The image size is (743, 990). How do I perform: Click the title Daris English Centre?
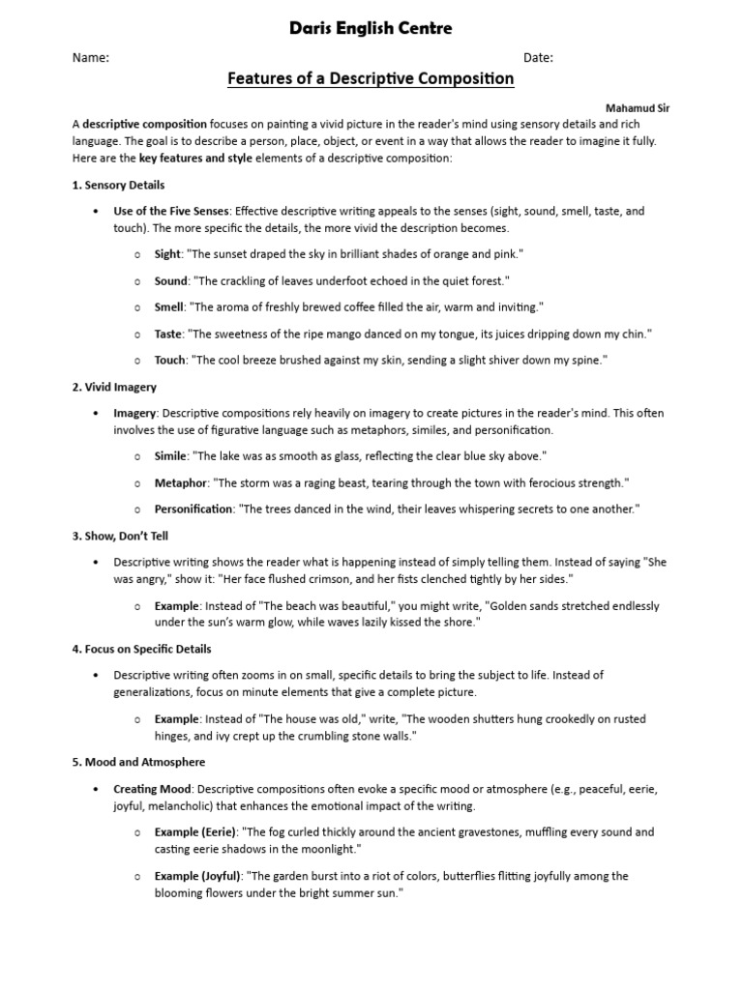371,29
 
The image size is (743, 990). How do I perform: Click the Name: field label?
90,58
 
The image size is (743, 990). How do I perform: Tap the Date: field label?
538,58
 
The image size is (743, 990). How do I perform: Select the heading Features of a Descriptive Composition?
371,79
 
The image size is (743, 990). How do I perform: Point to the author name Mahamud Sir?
637,108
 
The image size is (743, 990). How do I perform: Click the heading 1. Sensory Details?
118,185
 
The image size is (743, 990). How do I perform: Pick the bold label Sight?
167,254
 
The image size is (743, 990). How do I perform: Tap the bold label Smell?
169,307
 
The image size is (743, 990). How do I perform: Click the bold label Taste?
167,334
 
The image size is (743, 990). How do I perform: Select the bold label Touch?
169,361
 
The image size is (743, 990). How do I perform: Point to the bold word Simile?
171,455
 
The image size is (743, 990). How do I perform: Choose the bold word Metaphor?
179,482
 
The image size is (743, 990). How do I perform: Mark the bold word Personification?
193,509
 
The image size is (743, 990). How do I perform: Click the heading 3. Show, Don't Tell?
120,536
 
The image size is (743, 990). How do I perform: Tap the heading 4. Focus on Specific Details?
141,649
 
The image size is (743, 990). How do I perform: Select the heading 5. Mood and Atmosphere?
138,762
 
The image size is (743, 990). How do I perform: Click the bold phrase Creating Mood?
152,789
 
